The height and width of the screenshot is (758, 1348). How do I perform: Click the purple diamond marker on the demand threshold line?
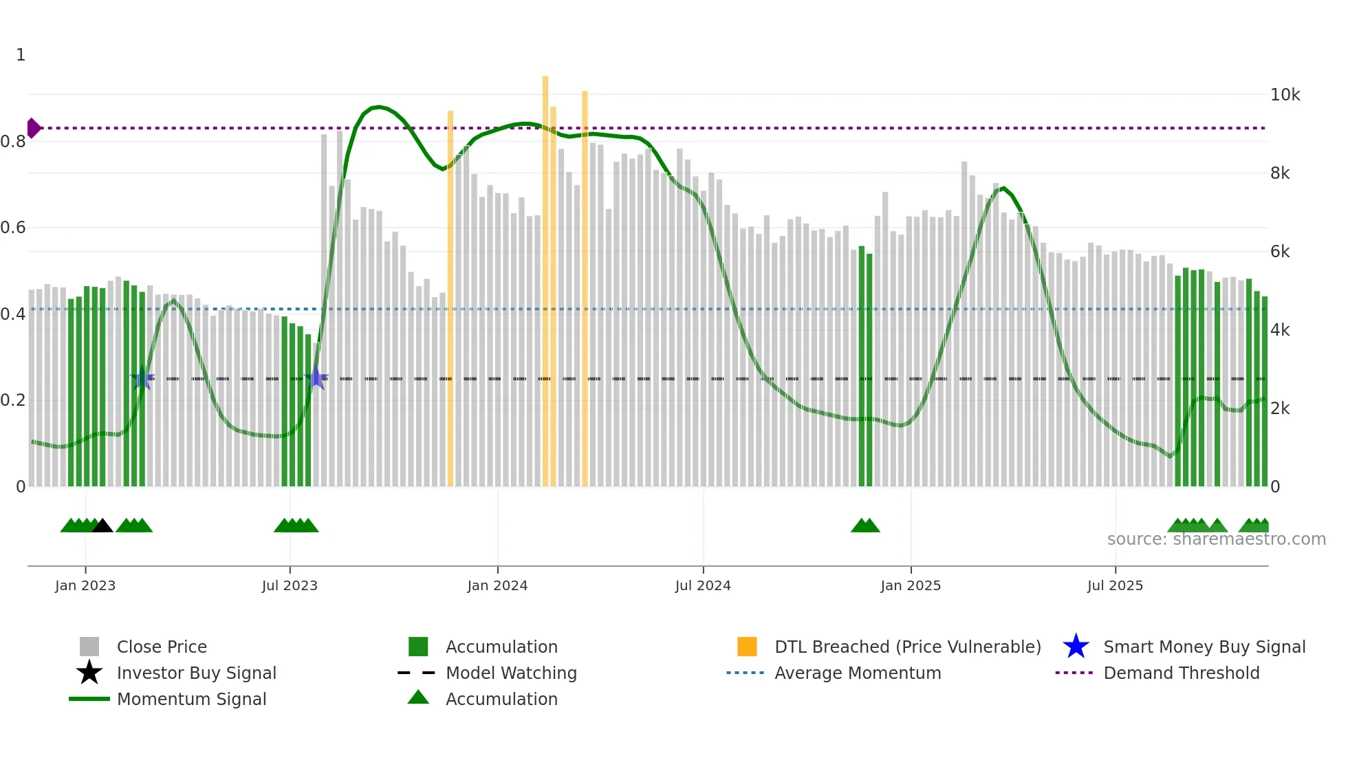pyautogui.click(x=33, y=128)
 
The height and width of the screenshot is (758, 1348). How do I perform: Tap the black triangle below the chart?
pyautogui.click(x=102, y=526)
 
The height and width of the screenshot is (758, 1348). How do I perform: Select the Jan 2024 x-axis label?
pyautogui.click(x=497, y=585)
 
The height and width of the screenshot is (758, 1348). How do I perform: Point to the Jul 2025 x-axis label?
pyautogui.click(x=1115, y=585)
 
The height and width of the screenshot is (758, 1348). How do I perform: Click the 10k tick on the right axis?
pyautogui.click(x=1285, y=95)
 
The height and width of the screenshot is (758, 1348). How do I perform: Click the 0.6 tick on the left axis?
pyautogui.click(x=14, y=228)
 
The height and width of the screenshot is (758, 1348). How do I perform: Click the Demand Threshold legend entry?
pyautogui.click(x=1181, y=673)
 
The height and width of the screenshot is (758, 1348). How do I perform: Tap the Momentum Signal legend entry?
pyautogui.click(x=191, y=699)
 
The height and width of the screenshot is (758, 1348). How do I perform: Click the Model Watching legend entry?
pyautogui.click(x=511, y=673)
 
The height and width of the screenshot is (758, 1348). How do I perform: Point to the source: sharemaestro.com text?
pyautogui.click(x=1216, y=539)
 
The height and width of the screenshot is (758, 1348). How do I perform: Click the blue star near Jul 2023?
pyautogui.click(x=316, y=378)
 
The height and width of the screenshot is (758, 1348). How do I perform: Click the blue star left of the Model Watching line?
pyautogui.click(x=142, y=378)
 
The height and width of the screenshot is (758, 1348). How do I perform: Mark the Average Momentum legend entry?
pyautogui.click(x=858, y=673)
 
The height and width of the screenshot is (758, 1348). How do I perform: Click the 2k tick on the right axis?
pyautogui.click(x=1280, y=409)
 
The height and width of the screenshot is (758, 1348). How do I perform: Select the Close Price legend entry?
pyautogui.click(x=162, y=647)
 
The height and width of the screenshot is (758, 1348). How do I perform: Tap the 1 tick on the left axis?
pyautogui.click(x=21, y=55)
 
